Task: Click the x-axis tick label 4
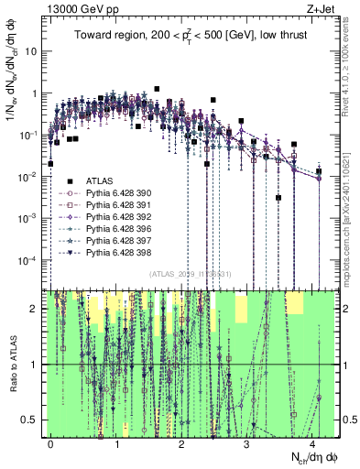(312, 442)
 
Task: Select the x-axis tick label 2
(181, 442)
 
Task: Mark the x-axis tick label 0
(50, 442)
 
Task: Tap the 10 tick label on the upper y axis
(31, 51)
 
